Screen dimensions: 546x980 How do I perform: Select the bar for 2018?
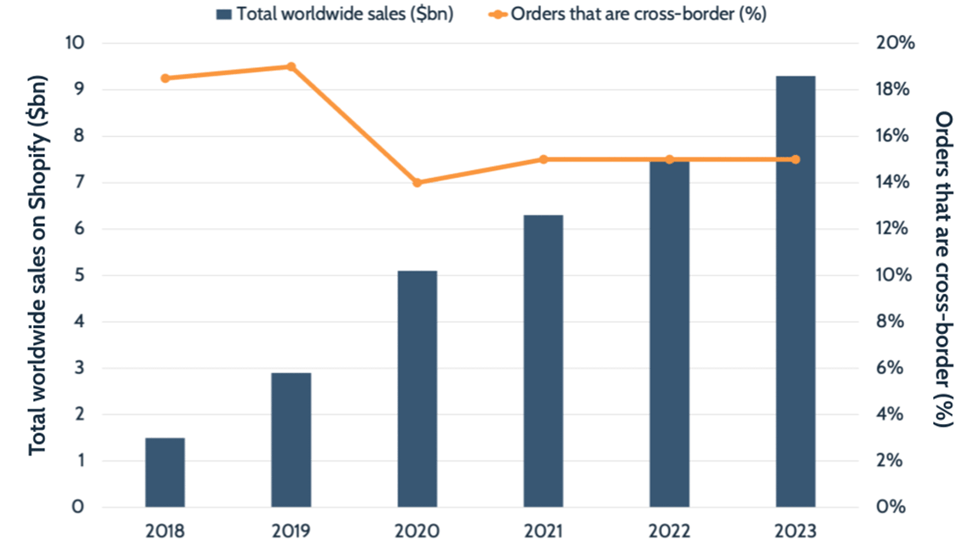click(164, 473)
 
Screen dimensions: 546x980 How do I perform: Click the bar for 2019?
click(291, 440)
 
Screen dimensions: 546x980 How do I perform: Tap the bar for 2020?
click(417, 388)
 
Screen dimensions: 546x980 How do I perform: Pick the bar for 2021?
click(543, 361)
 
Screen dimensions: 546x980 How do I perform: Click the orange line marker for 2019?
click(291, 66)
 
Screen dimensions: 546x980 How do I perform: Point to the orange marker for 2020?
click(417, 182)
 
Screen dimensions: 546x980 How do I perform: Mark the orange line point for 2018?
click(164, 78)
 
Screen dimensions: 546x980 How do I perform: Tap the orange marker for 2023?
click(795, 159)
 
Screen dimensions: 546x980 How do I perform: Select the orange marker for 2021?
click(543, 159)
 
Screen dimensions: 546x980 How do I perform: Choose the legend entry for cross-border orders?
click(627, 14)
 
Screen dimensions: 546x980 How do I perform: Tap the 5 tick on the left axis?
click(78, 275)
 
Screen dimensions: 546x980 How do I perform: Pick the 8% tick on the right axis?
click(891, 322)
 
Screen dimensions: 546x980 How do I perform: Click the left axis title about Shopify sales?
click(37, 264)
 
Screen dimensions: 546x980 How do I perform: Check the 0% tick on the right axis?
click(891, 508)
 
